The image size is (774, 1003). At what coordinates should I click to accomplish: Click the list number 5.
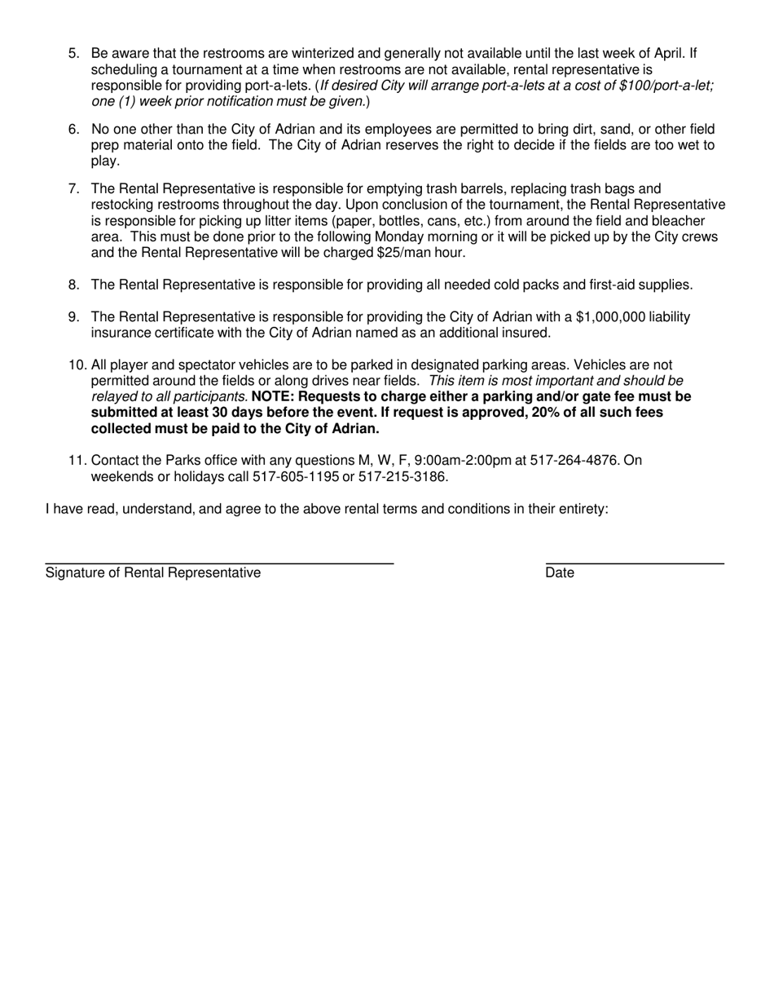point(73,54)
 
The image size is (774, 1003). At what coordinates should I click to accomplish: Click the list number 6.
point(73,130)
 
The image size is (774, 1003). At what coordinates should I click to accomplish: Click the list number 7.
point(73,189)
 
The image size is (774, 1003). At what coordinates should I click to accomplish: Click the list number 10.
point(77,365)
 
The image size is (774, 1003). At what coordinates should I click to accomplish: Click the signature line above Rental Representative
point(219,563)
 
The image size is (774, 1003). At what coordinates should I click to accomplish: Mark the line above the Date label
point(635,563)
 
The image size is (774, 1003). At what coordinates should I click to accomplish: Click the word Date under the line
point(560,573)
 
